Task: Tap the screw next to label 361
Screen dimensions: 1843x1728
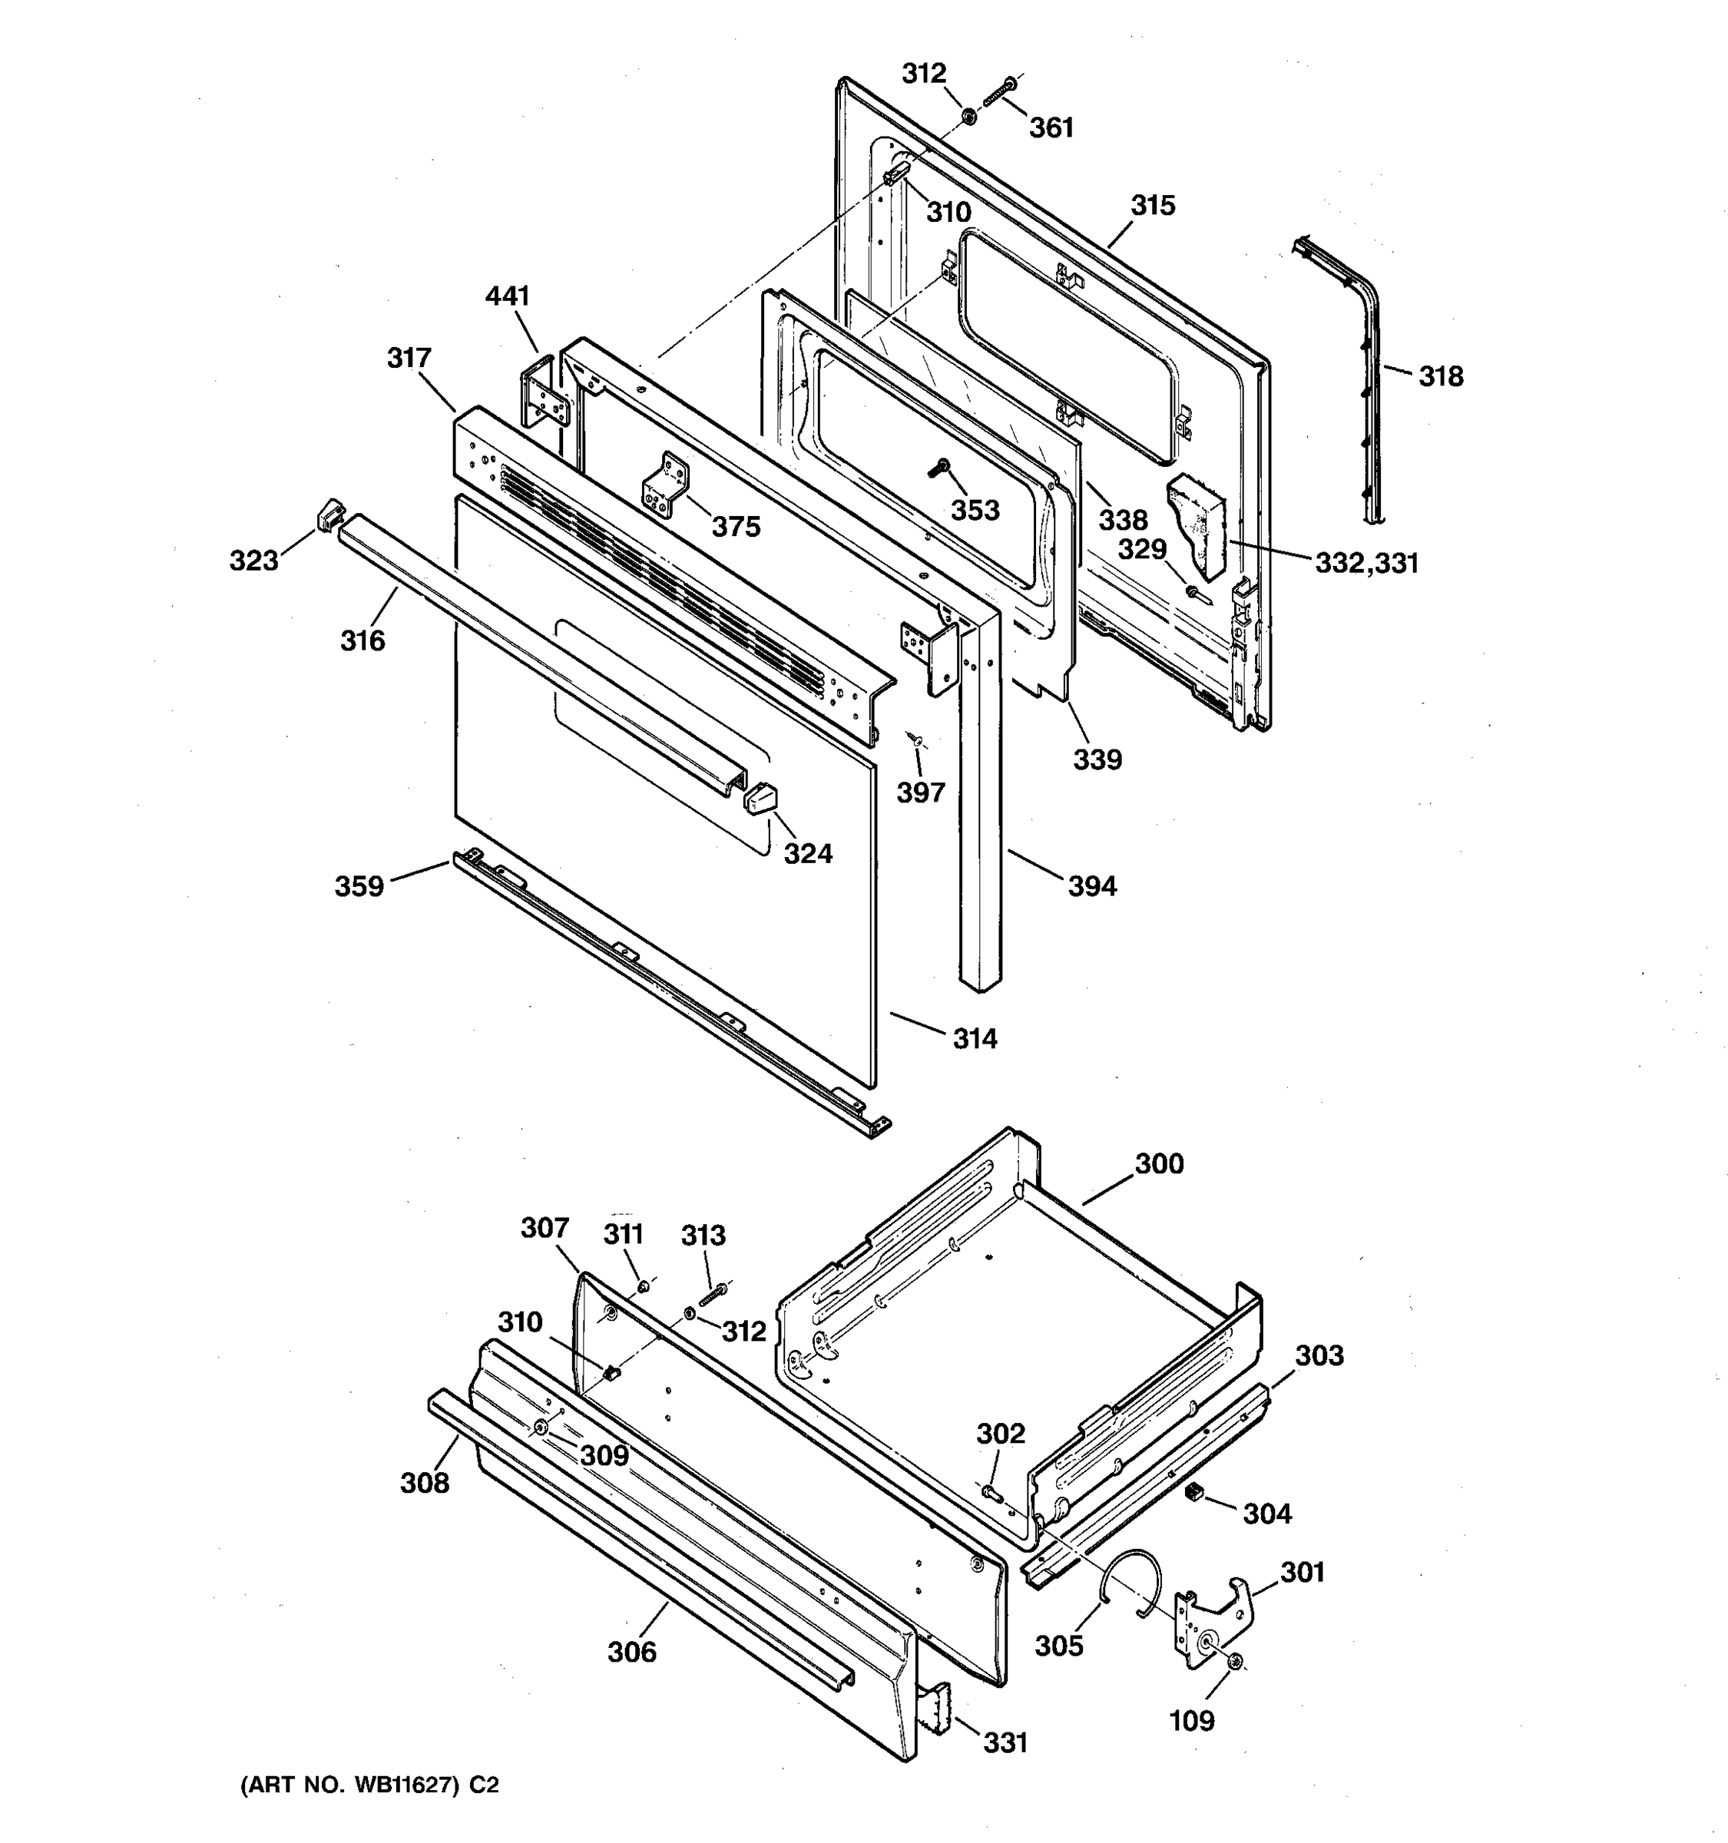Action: pos(998,93)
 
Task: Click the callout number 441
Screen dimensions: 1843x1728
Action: pos(507,296)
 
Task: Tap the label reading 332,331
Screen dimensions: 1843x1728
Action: pos(1366,562)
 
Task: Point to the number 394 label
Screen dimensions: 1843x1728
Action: pos(1092,886)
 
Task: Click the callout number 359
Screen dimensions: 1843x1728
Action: pos(359,886)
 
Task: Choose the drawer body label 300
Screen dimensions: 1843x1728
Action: pos(1159,1163)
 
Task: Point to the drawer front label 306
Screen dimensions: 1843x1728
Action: pos(631,1651)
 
